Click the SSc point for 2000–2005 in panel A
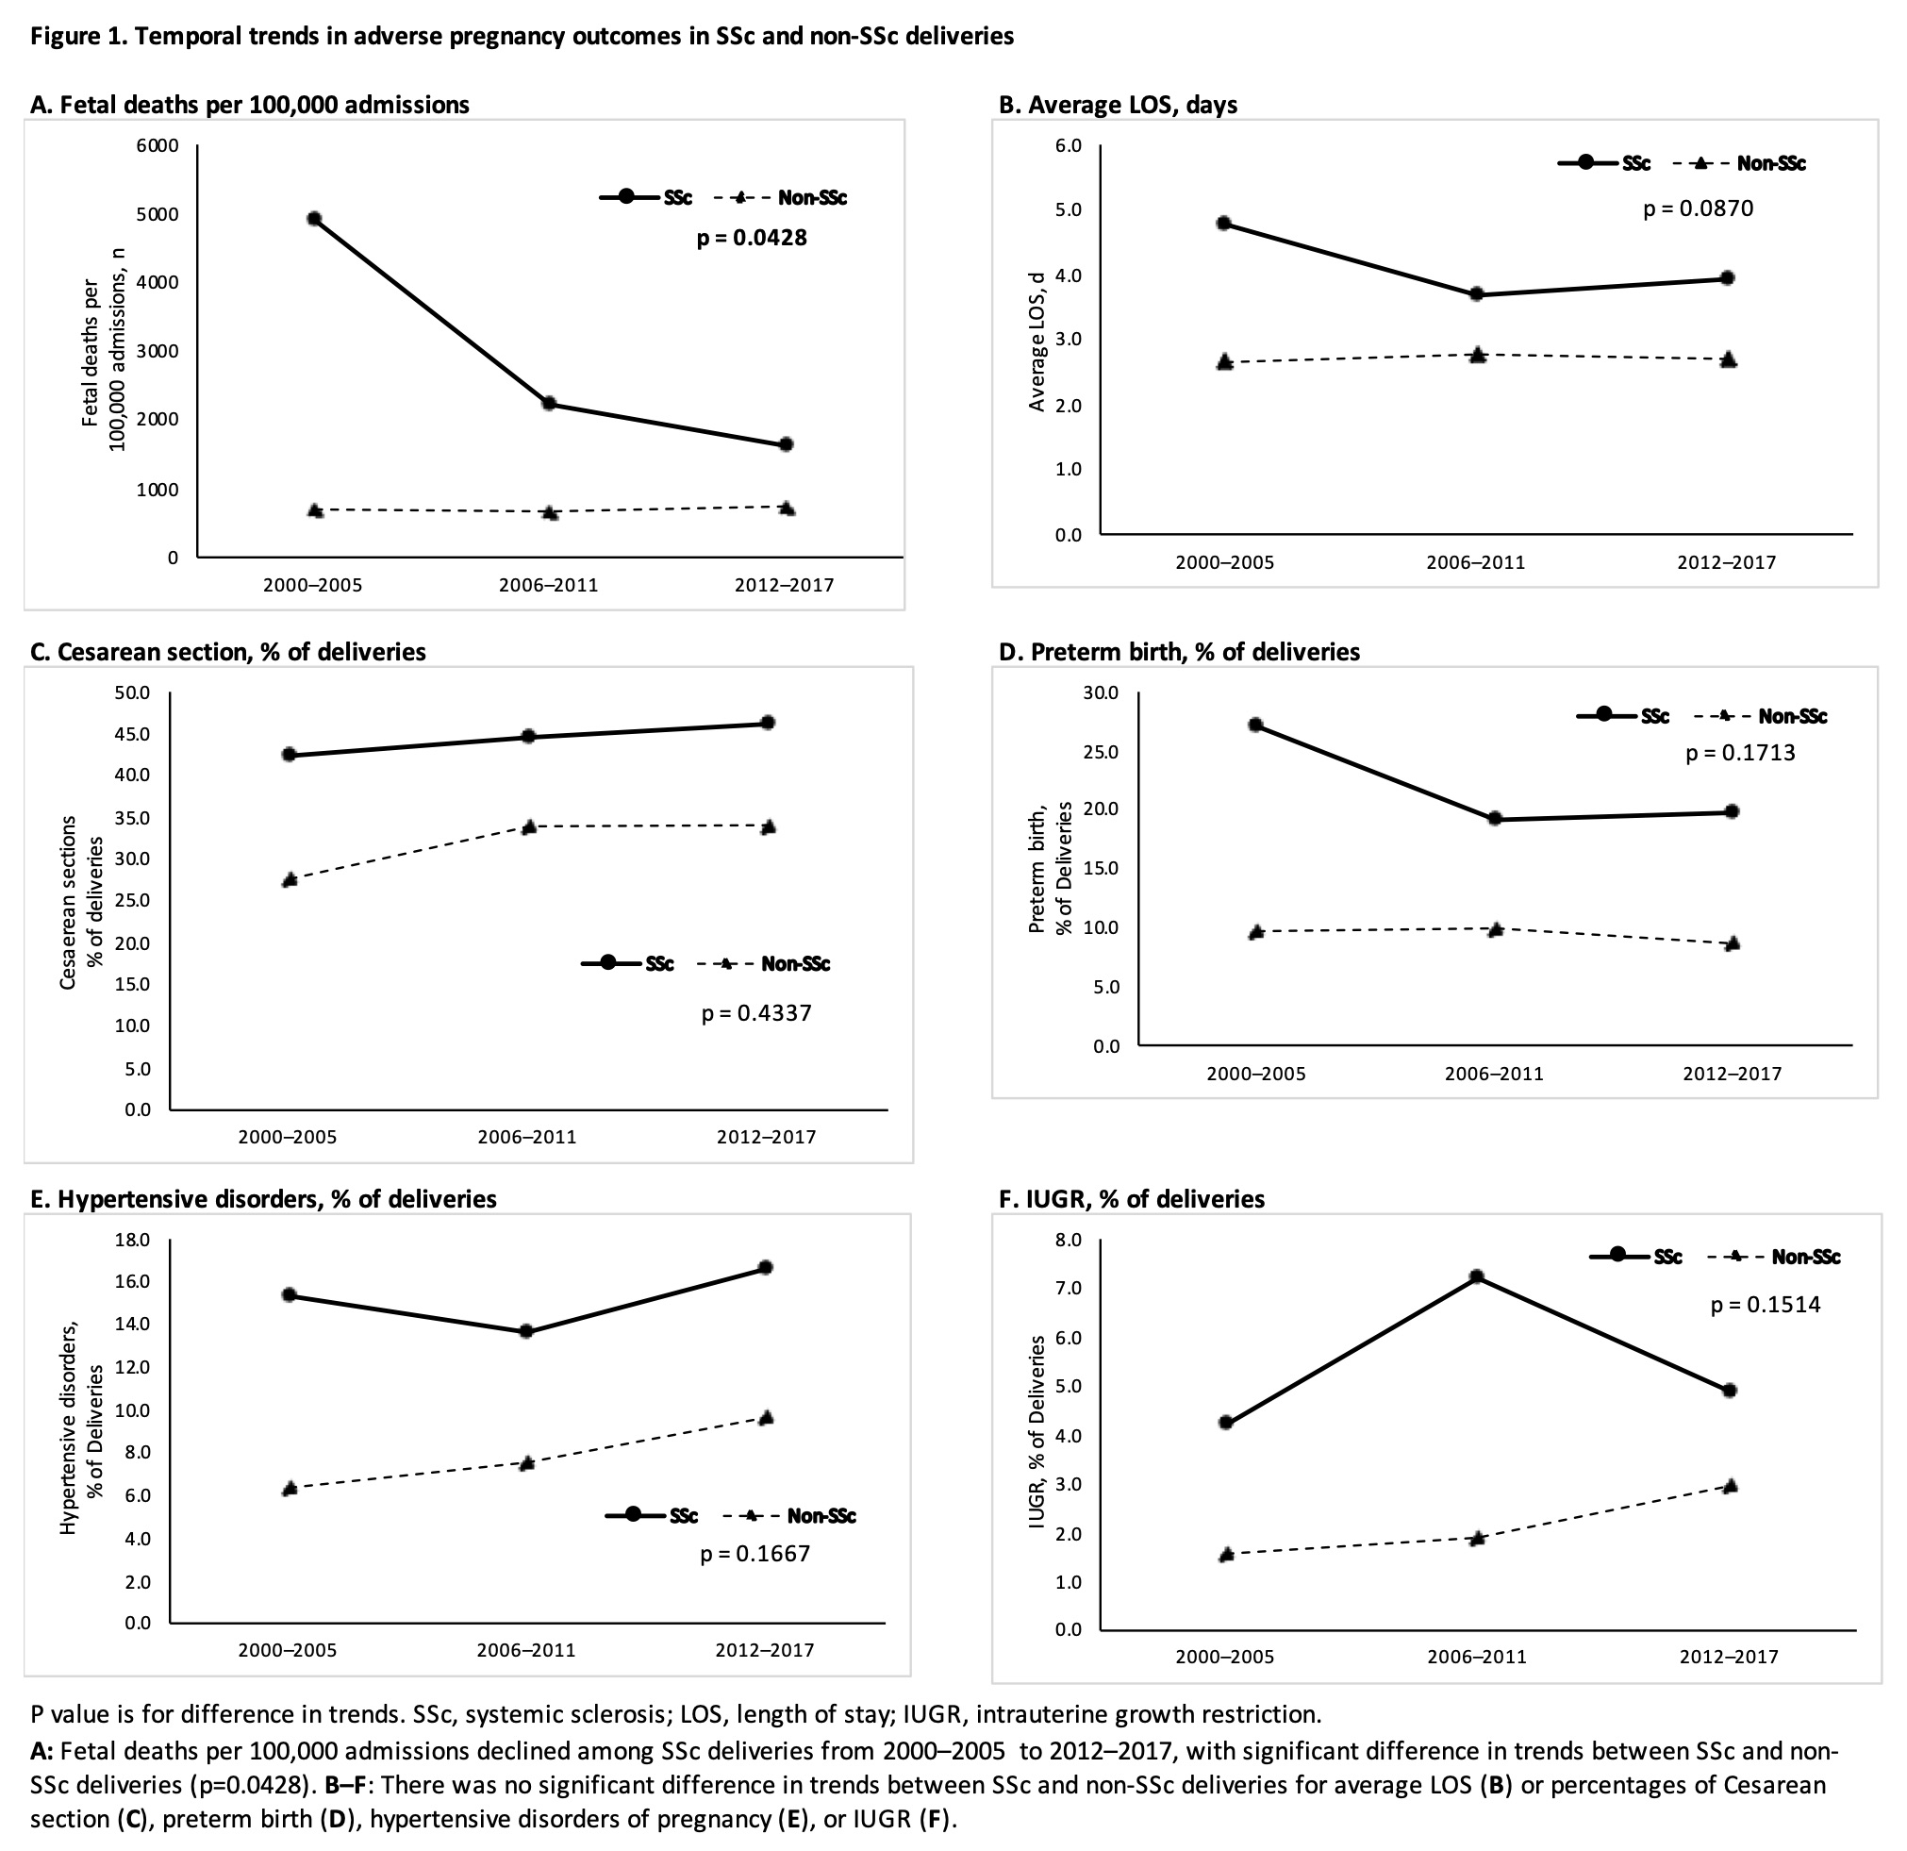(x=314, y=219)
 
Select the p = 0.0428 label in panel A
(x=751, y=238)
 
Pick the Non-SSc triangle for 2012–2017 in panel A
(x=787, y=508)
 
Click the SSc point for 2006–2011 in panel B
(x=1476, y=294)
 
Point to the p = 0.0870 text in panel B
(x=1698, y=208)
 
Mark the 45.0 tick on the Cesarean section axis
(x=132, y=734)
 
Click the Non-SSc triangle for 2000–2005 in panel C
(x=289, y=880)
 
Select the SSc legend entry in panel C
(x=627, y=963)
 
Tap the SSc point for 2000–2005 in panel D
(x=1255, y=725)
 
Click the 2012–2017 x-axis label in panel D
(x=1732, y=1075)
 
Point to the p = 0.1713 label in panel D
(x=1740, y=753)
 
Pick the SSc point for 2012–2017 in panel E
(x=766, y=1268)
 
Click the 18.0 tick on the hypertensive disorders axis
(x=132, y=1240)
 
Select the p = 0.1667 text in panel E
(x=755, y=1553)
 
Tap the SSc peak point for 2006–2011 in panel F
(x=1476, y=1276)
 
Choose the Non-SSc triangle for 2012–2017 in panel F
(x=1730, y=1486)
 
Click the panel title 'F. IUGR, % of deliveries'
(x=1132, y=1199)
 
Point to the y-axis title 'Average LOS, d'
(x=1037, y=342)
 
